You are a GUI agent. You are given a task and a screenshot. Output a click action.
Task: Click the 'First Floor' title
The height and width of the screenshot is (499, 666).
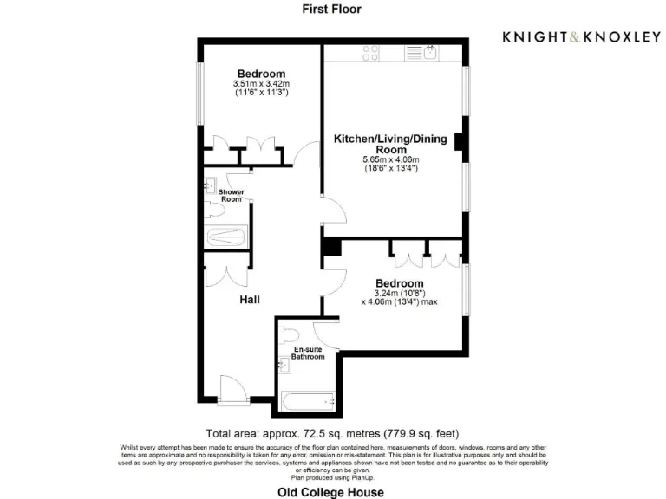tap(331, 10)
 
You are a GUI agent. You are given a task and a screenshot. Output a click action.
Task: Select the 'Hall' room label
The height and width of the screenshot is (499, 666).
tap(250, 300)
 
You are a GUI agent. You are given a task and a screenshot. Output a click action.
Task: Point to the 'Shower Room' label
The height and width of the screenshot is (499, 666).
tap(231, 195)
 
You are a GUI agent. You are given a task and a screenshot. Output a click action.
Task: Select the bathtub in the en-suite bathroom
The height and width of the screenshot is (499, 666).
tap(307, 400)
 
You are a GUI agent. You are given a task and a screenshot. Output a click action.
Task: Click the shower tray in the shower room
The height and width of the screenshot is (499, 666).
tap(225, 237)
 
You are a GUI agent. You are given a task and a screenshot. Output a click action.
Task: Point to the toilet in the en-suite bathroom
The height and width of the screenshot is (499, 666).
tap(291, 334)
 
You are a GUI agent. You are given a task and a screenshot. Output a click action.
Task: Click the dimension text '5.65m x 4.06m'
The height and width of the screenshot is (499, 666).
tap(390, 159)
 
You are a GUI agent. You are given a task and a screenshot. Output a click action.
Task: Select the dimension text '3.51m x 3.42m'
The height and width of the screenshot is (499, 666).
tap(261, 83)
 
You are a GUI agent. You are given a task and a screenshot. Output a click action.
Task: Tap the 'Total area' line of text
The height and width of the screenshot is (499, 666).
tap(332, 433)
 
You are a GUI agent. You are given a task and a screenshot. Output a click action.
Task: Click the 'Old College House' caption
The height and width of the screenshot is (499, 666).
tap(330, 492)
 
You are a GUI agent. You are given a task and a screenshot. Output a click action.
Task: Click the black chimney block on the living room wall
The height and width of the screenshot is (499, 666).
tap(460, 140)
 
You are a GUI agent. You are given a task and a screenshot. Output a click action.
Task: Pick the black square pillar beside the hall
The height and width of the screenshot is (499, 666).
tap(330, 246)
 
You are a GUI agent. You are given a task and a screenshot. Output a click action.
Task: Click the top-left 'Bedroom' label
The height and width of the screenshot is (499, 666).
tap(261, 74)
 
